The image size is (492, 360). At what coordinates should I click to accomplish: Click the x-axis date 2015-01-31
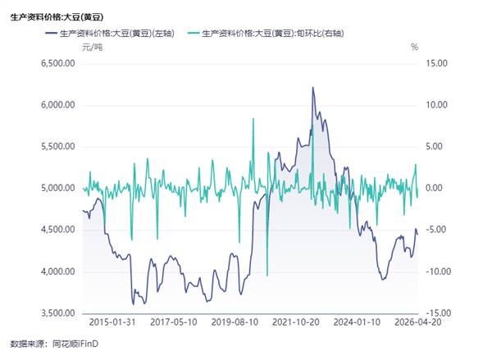pyautogui.click(x=112, y=321)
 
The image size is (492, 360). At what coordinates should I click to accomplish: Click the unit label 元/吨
pyautogui.click(x=92, y=47)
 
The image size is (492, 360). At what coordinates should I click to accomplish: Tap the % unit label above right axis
pyautogui.click(x=414, y=47)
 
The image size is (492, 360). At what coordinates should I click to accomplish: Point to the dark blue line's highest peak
pyautogui.click(x=313, y=87)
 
